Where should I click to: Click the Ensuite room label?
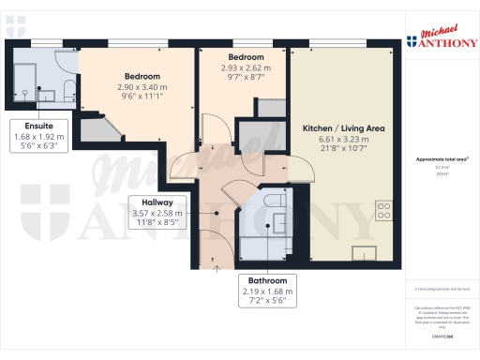pos(39,125)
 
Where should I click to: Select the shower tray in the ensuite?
pos(28,75)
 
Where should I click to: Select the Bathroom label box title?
pos(268,280)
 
